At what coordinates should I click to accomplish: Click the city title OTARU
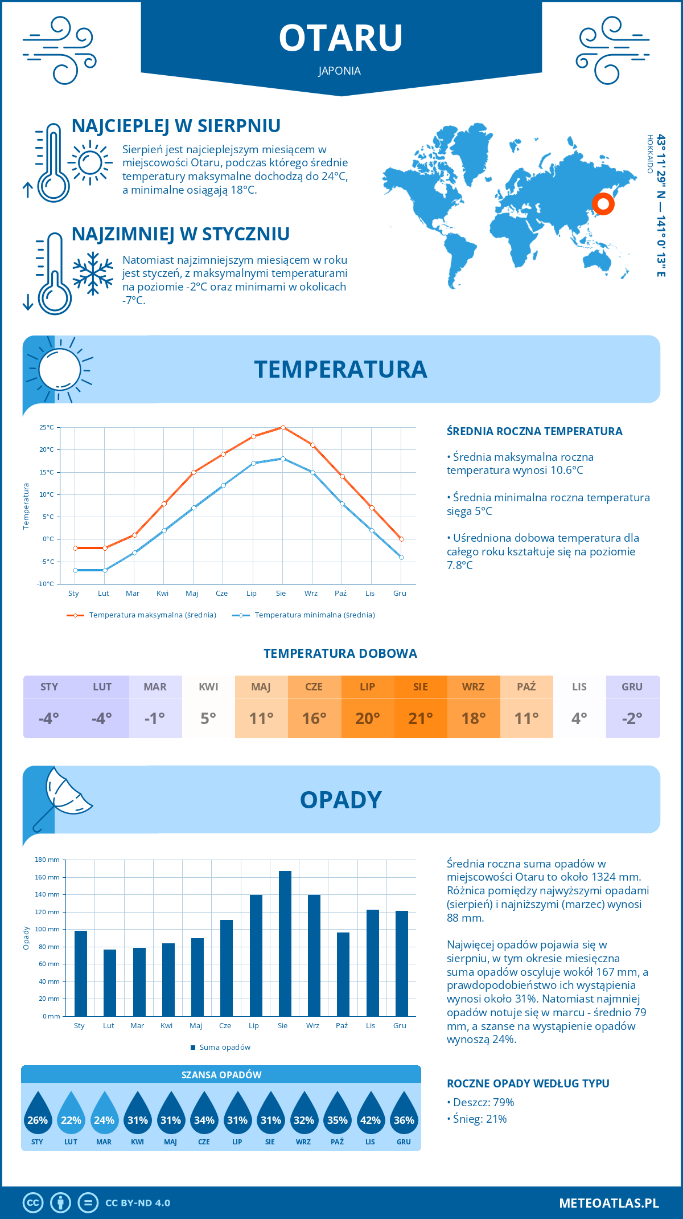pos(341,38)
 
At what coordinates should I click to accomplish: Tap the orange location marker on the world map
pos(603,203)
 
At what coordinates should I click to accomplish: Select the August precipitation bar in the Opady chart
pos(285,943)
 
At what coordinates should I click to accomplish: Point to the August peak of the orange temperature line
pos(283,427)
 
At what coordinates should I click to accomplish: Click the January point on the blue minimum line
pos(75,570)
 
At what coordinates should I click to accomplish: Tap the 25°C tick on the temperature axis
pos(47,427)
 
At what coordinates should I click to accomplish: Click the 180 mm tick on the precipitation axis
pos(48,860)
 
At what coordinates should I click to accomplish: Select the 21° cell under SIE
pos(420,718)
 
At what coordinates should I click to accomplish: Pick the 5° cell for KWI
pos(208,718)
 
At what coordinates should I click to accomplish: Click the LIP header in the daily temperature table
pos(367,687)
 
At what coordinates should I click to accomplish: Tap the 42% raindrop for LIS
pos(371,1115)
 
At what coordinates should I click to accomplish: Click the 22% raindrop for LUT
pos(71,1115)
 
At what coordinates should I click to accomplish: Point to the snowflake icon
pos(93,273)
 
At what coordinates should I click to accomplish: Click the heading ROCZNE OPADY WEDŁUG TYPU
pos(528,1083)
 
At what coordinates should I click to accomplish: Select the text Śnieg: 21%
pos(479,1119)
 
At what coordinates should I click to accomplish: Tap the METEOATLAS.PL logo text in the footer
pos(608,1203)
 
